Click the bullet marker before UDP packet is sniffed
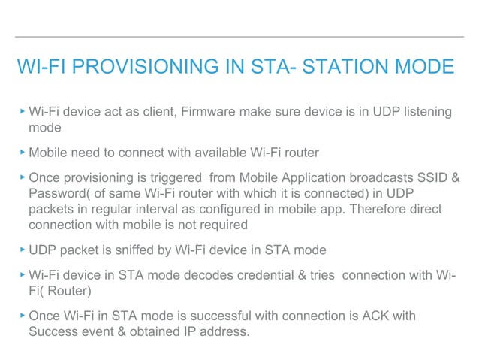point(22,249)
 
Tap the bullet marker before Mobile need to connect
point(22,153)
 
